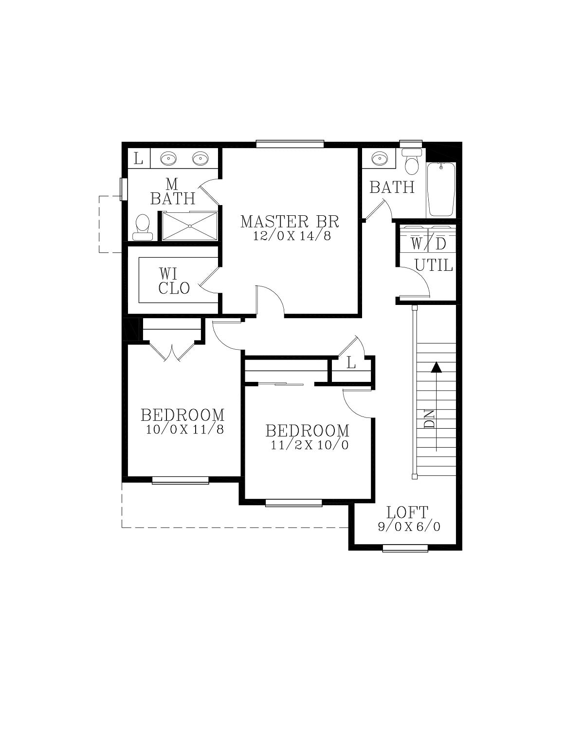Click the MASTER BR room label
[290, 221]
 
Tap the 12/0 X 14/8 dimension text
[292, 236]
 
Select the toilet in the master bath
[143, 227]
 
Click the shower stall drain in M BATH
[190, 226]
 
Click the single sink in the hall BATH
[379, 159]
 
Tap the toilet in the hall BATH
[412, 161]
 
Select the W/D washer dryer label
[428, 244]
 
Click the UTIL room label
[434, 265]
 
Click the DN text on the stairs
[429, 418]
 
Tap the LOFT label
[407, 512]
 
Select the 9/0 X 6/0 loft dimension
[409, 527]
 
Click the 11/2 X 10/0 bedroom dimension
[310, 445]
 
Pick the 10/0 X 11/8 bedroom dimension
[184, 429]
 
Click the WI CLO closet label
[174, 281]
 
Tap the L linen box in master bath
[139, 158]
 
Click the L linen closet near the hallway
[351, 364]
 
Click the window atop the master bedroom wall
[290, 144]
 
